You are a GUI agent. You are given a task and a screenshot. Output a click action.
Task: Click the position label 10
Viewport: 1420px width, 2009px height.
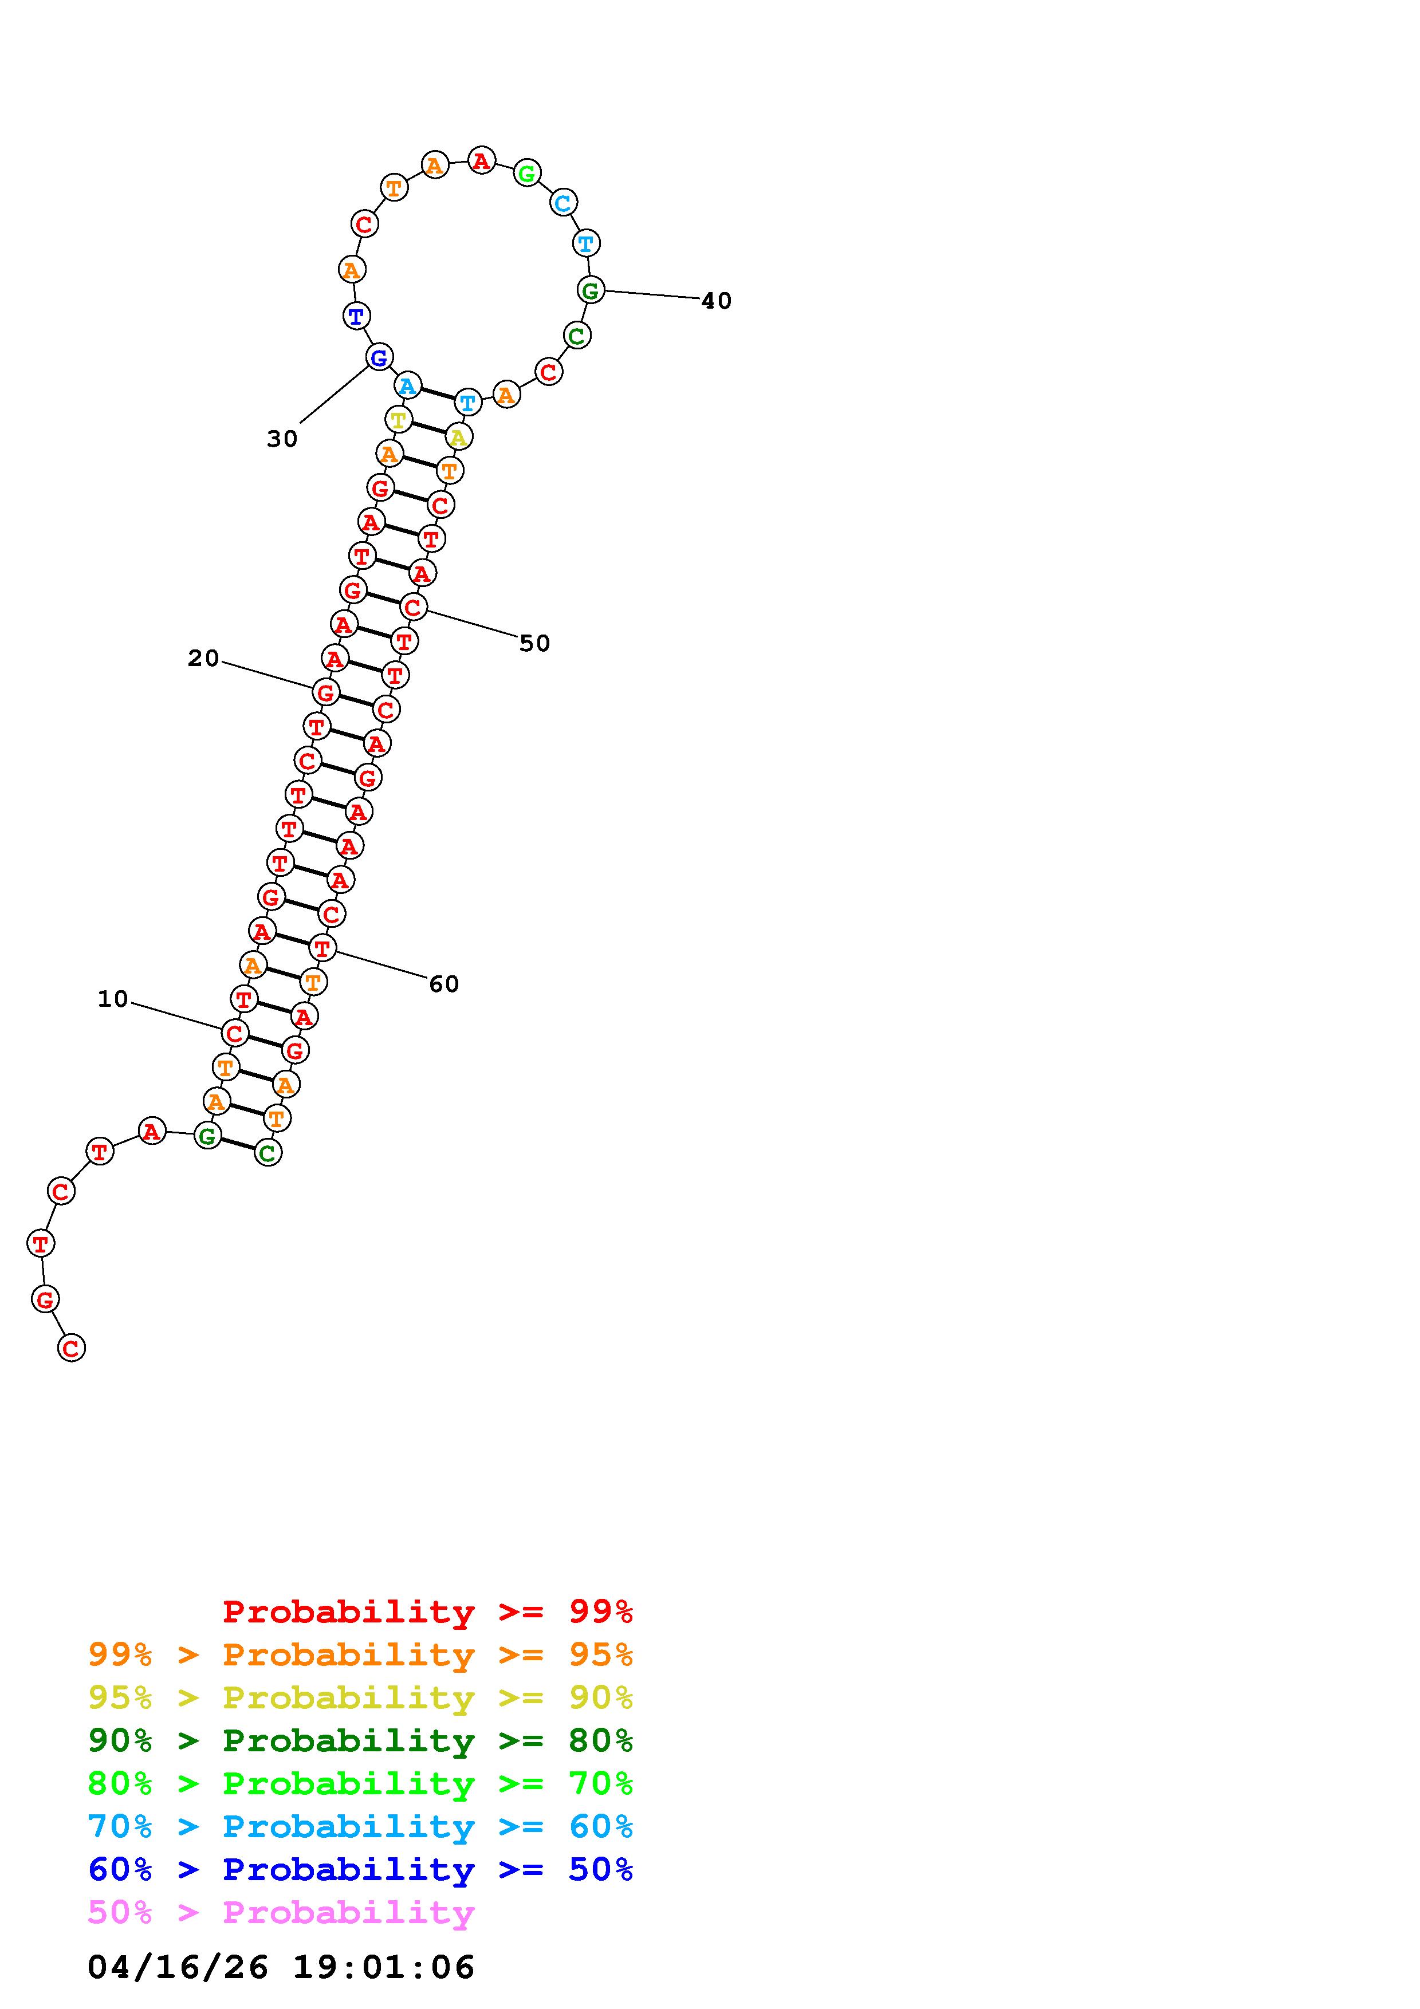113,999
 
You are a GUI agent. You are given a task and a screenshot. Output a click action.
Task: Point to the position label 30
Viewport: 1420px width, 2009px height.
282,439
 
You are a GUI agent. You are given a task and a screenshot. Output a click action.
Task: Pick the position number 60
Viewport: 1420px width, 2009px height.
443,985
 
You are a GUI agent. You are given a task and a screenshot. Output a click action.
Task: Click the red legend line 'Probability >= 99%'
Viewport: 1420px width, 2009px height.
428,1612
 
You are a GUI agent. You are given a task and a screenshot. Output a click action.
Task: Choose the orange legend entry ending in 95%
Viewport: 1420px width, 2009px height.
360,1655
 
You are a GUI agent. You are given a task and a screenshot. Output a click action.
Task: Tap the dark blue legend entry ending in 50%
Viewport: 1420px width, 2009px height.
360,1870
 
